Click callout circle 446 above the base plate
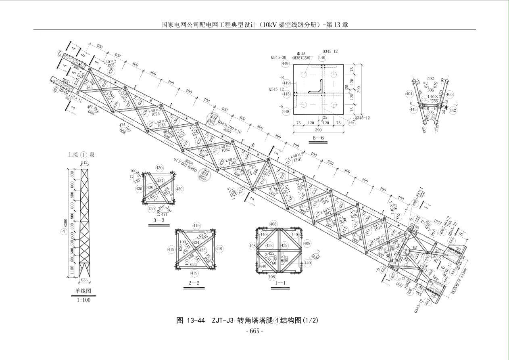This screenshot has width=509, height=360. (x=322, y=58)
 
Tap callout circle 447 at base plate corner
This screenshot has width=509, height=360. (x=352, y=122)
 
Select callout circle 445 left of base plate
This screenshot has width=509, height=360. (x=286, y=94)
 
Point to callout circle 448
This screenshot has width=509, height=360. (x=286, y=112)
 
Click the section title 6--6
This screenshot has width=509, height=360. (x=319, y=138)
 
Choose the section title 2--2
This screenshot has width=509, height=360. (x=194, y=283)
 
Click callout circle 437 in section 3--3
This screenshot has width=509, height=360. (x=160, y=181)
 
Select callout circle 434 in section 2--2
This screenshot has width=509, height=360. (x=196, y=242)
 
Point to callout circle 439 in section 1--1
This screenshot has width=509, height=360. (x=284, y=245)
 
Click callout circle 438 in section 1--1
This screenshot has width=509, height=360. (x=269, y=245)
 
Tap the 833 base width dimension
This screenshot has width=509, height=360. (x=84, y=279)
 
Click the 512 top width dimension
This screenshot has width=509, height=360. (x=84, y=163)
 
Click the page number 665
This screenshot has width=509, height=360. (x=255, y=331)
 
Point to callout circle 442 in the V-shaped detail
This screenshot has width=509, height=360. (x=453, y=110)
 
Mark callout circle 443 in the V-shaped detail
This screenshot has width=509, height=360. (x=413, y=109)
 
